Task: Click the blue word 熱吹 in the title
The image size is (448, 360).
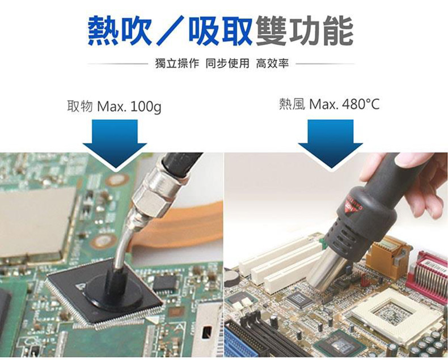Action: coord(120,31)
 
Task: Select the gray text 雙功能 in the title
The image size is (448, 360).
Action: coord(305,31)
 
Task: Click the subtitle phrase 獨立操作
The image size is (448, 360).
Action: coord(177,63)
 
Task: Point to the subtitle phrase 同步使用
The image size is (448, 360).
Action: coord(227,63)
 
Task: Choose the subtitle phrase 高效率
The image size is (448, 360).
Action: coord(272,63)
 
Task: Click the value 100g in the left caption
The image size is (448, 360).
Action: coord(146,107)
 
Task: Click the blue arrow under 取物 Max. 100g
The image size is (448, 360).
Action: coord(115,143)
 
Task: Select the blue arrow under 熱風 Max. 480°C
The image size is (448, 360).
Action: coord(331,143)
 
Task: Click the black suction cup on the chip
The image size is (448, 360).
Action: coord(113,293)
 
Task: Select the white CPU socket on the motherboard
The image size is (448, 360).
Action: coord(393,314)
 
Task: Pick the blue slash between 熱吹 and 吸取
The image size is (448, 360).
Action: coord(171,31)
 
